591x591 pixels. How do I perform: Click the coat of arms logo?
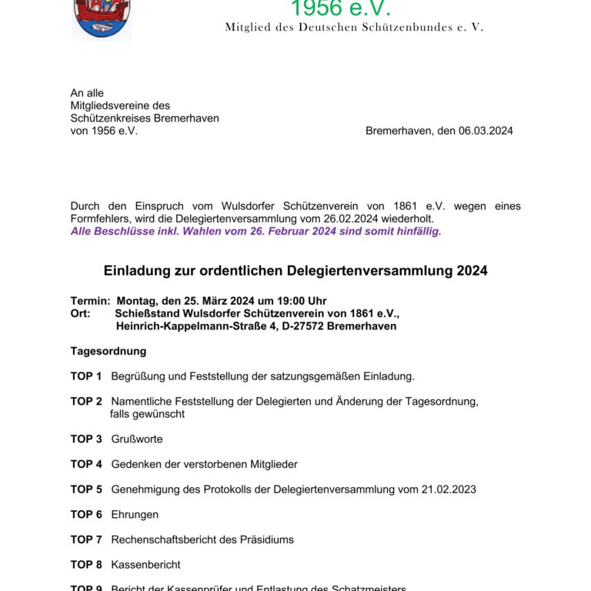point(102,19)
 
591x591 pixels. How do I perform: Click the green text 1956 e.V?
point(341,9)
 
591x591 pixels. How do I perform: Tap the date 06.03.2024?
point(486,131)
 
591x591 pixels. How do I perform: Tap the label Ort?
point(80,313)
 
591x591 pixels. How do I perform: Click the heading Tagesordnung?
point(109,351)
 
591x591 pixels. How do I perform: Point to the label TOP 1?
point(86,376)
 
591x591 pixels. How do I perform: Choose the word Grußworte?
point(137,439)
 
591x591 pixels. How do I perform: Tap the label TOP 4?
point(86,464)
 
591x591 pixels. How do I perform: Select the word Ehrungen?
point(135,514)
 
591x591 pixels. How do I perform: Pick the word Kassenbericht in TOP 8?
point(146,565)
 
